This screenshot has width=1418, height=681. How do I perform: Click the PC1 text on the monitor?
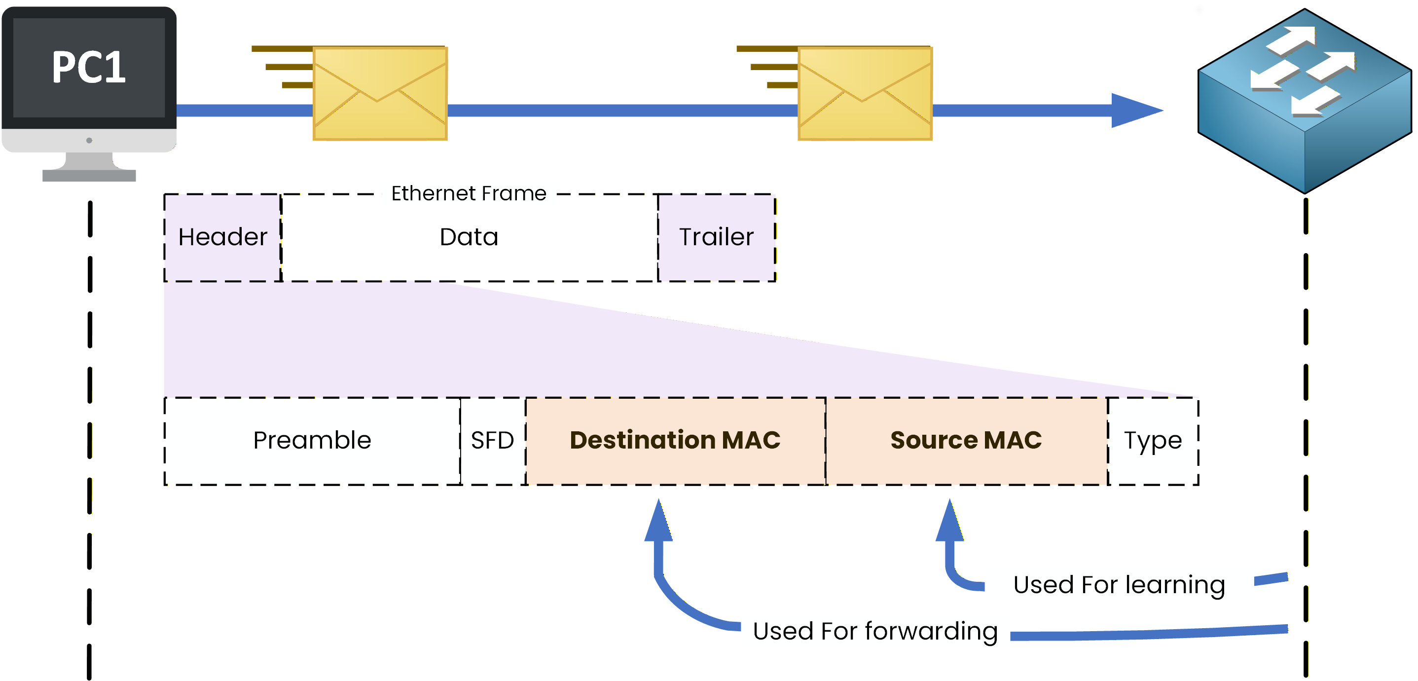89,67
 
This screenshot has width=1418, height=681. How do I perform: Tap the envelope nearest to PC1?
380,94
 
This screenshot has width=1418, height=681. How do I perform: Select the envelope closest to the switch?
865,94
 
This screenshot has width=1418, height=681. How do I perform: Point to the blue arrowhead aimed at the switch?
1134,110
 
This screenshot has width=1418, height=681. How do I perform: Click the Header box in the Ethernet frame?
222,237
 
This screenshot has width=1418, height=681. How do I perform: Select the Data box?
469,237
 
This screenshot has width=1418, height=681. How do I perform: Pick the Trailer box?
716,237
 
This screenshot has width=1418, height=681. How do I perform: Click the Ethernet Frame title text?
469,193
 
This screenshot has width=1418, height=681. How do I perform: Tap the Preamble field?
312,441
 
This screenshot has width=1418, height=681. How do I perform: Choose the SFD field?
493,441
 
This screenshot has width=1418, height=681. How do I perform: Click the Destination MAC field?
675,441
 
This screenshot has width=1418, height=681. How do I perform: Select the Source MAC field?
966,441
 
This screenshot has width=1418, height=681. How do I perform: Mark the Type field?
1153,441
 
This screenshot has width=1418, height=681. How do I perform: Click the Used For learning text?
1119,585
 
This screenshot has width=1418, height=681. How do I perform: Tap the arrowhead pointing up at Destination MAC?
658,524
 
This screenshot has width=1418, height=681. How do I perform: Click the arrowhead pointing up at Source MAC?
949,524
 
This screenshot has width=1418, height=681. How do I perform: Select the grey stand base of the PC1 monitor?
89,175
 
